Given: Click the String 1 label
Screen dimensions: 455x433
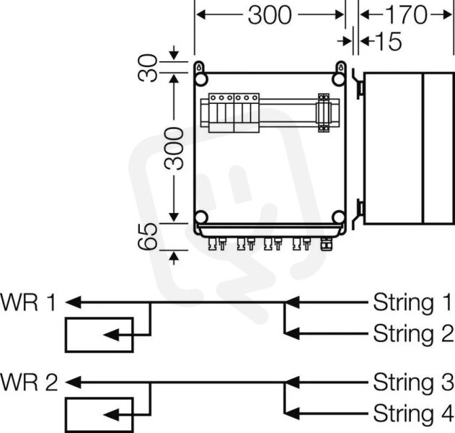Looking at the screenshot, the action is [x=412, y=302].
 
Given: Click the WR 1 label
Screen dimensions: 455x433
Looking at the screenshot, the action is [x=28, y=302].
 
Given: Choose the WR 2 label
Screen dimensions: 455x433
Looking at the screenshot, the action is [x=29, y=382].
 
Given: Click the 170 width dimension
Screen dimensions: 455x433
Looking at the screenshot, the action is [x=406, y=15].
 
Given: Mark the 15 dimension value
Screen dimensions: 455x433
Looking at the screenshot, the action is [x=388, y=41].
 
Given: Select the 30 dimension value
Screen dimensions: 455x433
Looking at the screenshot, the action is [x=147, y=68].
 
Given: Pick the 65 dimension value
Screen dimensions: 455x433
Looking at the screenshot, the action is [x=147, y=237].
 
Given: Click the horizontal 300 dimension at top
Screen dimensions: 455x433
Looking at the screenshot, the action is [x=270, y=15].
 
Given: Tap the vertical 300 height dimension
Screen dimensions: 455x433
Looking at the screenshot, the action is [x=174, y=149].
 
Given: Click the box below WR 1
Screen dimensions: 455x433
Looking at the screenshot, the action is [x=100, y=335].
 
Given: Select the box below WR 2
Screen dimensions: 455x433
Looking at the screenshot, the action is [x=100, y=415].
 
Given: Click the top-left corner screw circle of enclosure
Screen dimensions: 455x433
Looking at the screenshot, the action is [x=201, y=79].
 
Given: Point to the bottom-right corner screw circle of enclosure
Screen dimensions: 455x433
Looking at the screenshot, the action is [x=338, y=217].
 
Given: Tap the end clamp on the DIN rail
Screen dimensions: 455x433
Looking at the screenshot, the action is [x=324, y=113].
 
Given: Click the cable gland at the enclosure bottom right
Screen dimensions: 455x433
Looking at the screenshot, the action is [x=326, y=244].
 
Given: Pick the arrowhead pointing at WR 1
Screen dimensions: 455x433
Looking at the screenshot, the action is [x=74, y=302].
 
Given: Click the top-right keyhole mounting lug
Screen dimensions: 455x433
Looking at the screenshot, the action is [x=340, y=67].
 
